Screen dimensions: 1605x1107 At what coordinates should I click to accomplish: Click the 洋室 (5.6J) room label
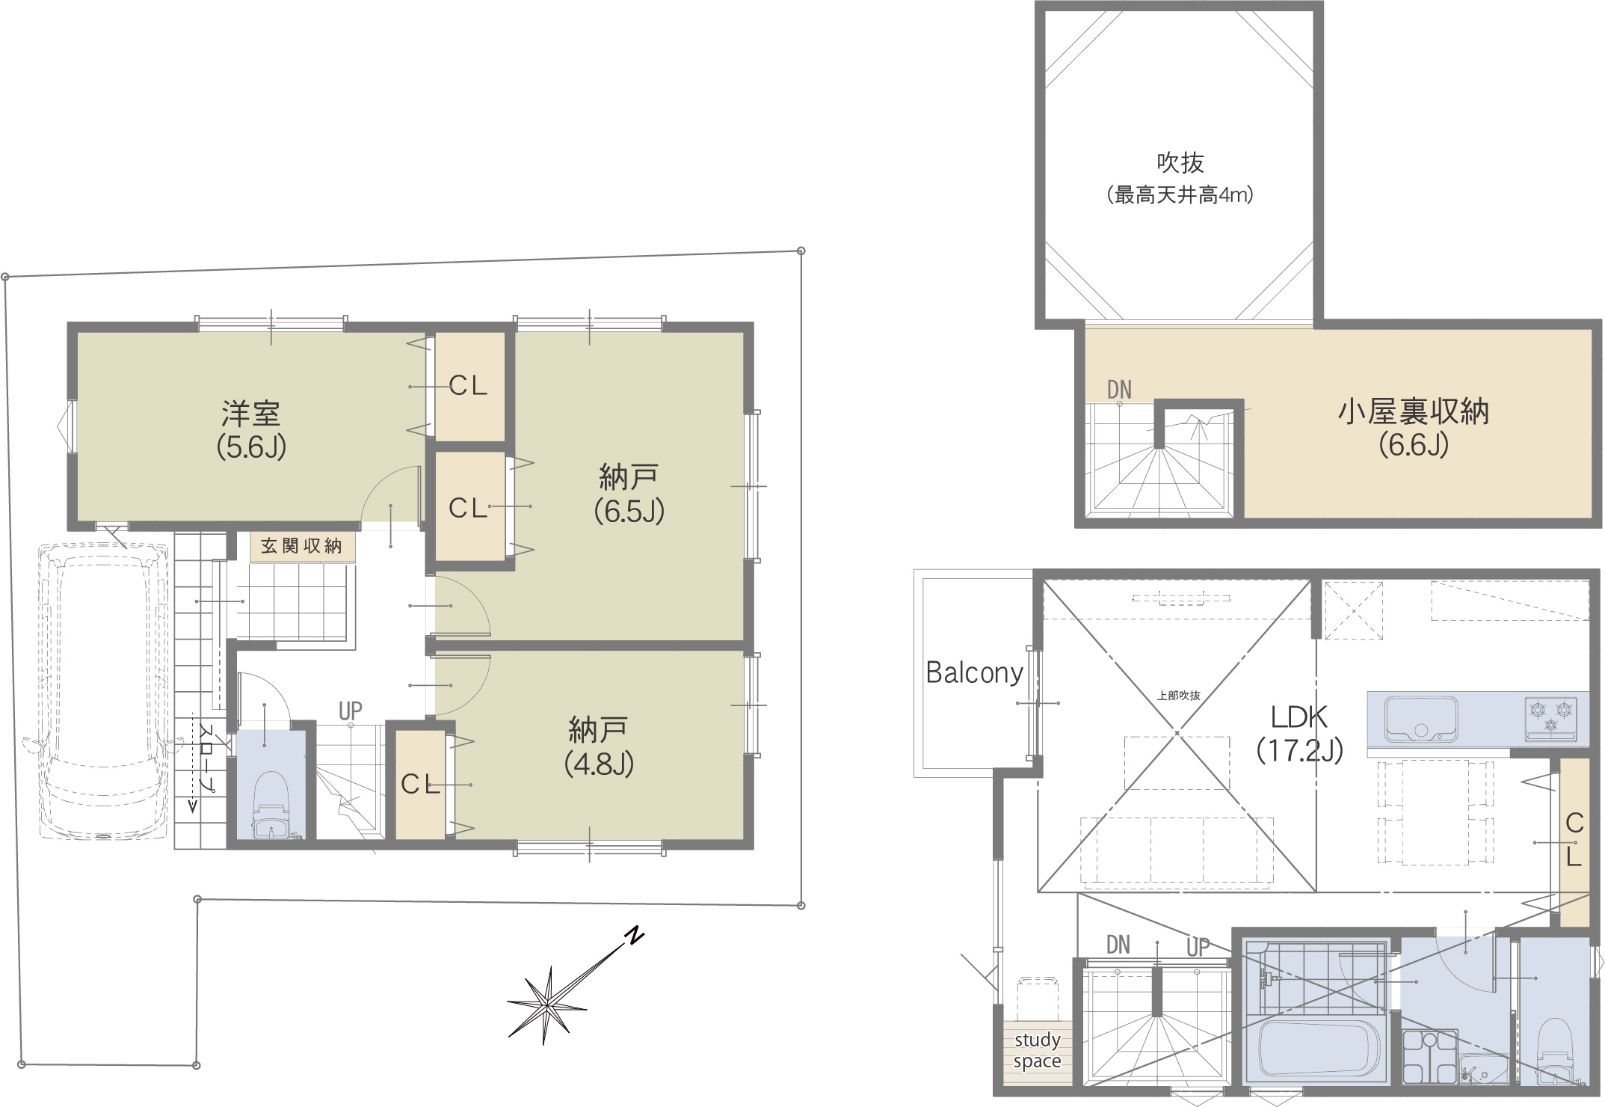[x=251, y=430]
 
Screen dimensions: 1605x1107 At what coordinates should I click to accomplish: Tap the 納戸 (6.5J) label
[x=629, y=494]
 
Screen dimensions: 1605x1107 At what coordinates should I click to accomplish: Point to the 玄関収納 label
[x=301, y=546]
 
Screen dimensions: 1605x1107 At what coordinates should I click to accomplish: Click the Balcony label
[x=974, y=672]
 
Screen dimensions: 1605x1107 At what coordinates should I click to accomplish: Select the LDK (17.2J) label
[x=1299, y=733]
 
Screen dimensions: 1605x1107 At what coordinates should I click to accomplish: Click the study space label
[x=1037, y=1050]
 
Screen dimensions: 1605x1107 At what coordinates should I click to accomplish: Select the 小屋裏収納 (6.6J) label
[x=1414, y=428]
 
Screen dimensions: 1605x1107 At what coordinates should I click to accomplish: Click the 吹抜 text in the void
[x=1180, y=162]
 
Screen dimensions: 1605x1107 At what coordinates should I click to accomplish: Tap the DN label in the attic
[x=1119, y=390]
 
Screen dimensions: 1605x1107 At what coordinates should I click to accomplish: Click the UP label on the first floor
[x=350, y=711]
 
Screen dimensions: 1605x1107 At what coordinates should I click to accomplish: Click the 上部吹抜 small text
[x=1179, y=696]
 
